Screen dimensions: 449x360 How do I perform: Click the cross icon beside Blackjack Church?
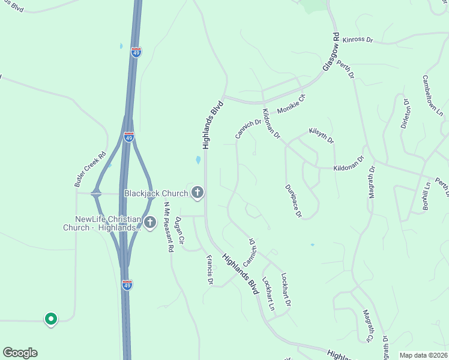click(197, 193)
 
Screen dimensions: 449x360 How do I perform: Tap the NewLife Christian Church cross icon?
click(149, 223)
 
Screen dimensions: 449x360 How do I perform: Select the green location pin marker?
click(51, 319)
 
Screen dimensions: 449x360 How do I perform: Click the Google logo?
click(20, 353)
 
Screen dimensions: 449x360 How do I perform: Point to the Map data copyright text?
click(423, 355)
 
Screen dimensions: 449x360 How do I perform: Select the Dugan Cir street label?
click(179, 231)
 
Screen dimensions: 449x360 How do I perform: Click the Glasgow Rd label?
click(331, 53)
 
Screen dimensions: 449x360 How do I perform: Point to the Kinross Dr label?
click(358, 40)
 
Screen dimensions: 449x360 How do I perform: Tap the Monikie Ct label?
click(291, 104)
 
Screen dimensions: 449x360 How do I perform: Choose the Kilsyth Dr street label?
click(321, 135)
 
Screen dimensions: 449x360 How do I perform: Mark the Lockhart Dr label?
click(286, 290)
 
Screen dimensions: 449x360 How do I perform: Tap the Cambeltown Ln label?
click(431, 94)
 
